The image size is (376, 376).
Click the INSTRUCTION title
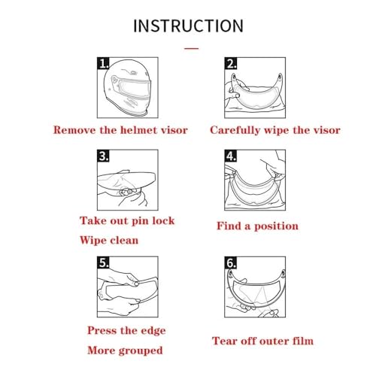pos(188,26)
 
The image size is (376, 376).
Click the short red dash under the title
pos(192,48)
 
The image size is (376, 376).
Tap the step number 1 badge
pos(103,63)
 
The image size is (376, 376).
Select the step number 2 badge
pos(231,63)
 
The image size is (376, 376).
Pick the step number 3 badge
pos(103,156)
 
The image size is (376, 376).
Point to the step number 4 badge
pos(231,156)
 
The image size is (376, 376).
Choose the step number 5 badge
pos(103,262)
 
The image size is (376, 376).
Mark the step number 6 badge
pos(231,262)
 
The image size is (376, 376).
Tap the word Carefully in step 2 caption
pos(235,130)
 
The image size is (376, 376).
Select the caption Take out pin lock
pos(127,221)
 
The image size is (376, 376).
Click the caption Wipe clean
pos(109,241)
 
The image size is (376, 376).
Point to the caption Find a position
pos(257,226)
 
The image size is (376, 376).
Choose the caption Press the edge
pos(126,331)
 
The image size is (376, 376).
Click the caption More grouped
pos(125,350)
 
